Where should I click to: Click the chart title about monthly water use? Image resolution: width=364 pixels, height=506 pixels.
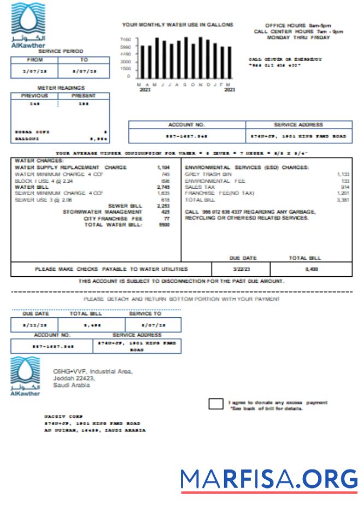pos(178,25)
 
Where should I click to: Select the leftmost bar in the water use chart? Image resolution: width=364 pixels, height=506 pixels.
pos(143,62)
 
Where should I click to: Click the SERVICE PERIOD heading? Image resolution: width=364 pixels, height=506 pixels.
pos(64,51)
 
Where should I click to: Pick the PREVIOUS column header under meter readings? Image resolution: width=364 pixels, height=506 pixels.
pos(34,96)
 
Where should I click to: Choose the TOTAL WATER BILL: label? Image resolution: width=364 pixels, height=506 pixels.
pos(113,225)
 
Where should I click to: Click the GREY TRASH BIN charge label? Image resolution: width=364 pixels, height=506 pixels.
pos(207,174)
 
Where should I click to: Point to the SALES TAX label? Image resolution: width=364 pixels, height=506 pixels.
pos(200,187)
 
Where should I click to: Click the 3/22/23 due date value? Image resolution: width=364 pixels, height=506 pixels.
pos(240,269)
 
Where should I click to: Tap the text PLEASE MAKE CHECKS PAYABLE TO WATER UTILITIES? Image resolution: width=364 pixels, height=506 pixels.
pos(111,269)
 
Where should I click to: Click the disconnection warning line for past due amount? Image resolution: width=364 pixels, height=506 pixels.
pos(181,281)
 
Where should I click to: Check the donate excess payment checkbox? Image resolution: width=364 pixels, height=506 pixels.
pos(216,404)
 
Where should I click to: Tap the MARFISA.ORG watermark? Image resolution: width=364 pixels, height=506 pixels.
pos(269,480)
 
